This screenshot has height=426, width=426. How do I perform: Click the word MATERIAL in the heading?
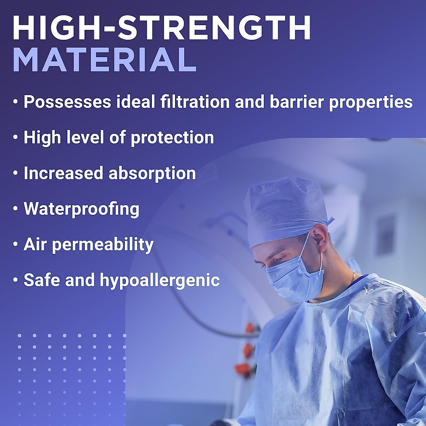pos(105,60)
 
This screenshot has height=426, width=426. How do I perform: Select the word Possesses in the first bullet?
pos(67,102)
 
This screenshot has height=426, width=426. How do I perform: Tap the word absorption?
pos(152,174)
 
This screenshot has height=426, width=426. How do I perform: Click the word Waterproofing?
pos(82,209)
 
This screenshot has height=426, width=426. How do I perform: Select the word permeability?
pos(103,245)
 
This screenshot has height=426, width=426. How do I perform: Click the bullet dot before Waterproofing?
pos(16,209)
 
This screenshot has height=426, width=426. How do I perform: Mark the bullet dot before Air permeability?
pos(16,244)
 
